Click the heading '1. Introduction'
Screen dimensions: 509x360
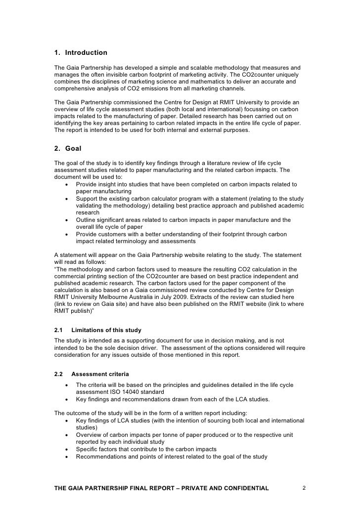(x=81, y=52)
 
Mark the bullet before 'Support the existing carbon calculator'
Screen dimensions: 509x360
(x=66, y=199)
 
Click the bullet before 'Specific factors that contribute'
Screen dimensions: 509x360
(x=66, y=449)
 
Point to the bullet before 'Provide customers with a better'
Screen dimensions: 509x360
(x=66, y=234)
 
